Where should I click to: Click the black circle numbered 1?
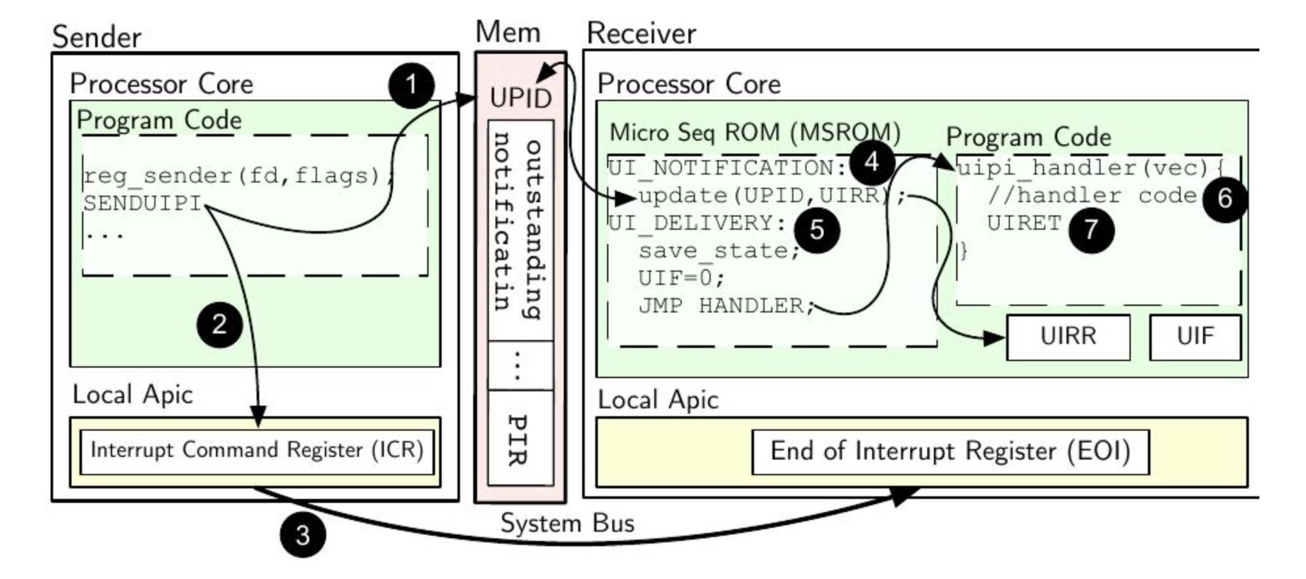tap(411, 85)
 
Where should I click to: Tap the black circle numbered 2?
tap(220, 324)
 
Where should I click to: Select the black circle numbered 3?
tap(303, 534)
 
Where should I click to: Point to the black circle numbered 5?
tap(816, 229)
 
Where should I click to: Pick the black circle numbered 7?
tap(1091, 229)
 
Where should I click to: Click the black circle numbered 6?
tap(1225, 198)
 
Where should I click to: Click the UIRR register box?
tap(1068, 337)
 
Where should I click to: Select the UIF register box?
tap(1194, 337)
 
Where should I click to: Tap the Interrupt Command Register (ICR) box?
tap(257, 451)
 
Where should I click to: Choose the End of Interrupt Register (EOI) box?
tap(950, 452)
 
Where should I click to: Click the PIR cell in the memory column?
tap(519, 439)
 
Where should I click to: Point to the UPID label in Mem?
tap(520, 98)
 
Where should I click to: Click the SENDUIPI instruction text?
tap(142, 204)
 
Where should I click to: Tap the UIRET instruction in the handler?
tap(1024, 223)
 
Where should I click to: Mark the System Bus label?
tap(567, 523)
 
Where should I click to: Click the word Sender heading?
tap(96, 37)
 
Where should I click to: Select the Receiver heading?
tap(641, 33)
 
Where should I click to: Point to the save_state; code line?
tap(719, 251)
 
